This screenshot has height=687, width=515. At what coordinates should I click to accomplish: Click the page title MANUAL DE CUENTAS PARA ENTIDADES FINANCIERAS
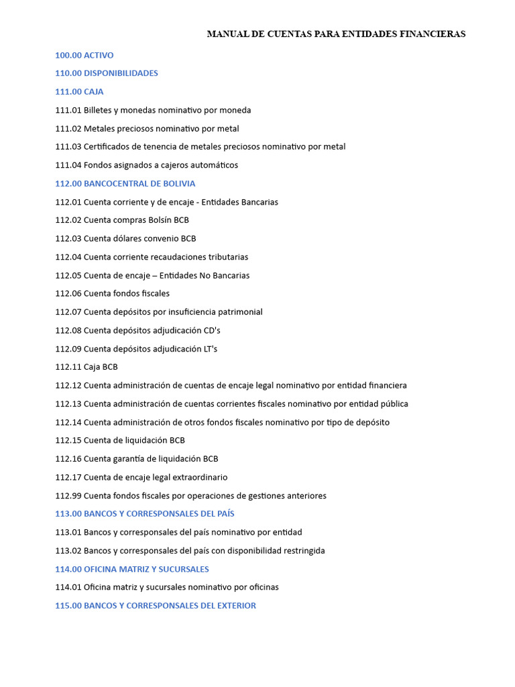tap(336, 34)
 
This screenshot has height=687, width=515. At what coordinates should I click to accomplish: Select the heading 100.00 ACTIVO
tap(84, 55)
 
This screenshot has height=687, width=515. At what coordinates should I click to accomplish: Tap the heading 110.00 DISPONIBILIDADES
tap(107, 73)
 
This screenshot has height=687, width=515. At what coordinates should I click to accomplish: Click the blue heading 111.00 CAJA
tap(79, 92)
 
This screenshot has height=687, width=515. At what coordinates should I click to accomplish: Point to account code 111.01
tap(68, 110)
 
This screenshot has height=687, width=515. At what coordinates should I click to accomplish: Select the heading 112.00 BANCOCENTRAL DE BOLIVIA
tap(125, 184)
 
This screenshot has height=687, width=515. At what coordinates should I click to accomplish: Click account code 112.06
tap(68, 293)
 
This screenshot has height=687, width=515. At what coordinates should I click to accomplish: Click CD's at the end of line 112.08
tap(212, 330)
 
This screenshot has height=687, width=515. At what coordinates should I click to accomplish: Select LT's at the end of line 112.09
tap(211, 349)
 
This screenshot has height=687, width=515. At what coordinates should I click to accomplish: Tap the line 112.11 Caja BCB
tap(87, 367)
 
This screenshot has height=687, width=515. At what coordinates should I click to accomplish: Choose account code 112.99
tap(68, 496)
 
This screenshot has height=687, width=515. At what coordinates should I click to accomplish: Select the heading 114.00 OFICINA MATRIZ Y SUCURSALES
tap(132, 569)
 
